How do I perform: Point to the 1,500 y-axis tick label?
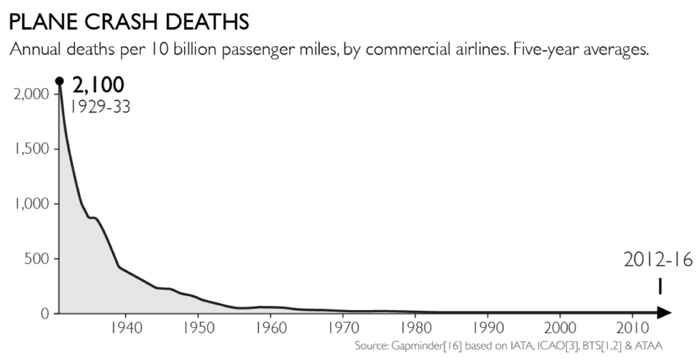(x=31, y=148)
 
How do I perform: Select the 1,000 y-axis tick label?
(x=31, y=204)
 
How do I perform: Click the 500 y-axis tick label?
(x=36, y=259)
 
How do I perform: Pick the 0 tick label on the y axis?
(x=46, y=314)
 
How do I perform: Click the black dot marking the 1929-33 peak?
(x=59, y=81)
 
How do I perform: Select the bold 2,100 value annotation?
(x=98, y=85)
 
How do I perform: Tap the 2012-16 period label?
(x=658, y=260)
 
